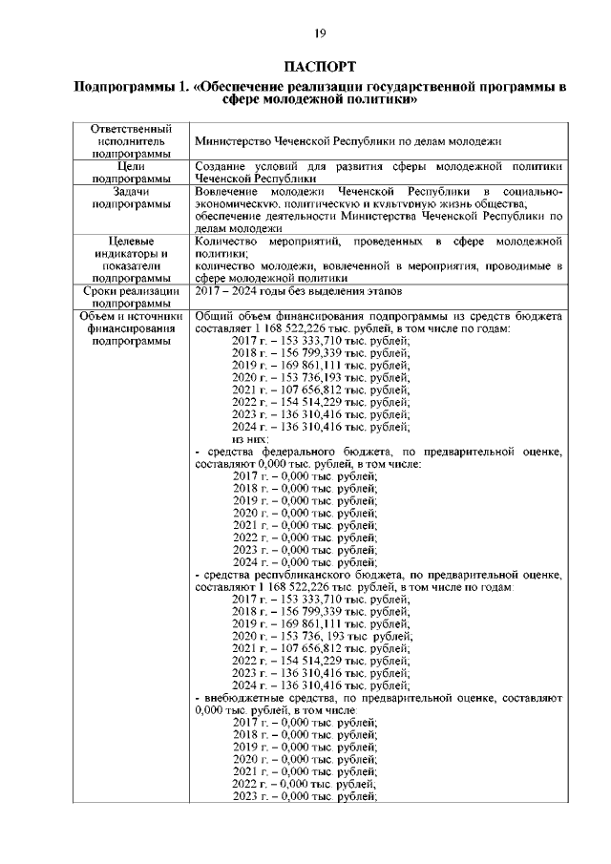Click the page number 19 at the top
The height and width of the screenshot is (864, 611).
pos(320,33)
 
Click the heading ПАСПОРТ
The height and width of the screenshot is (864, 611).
pos(320,66)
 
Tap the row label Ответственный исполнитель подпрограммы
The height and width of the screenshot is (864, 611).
pos(131,140)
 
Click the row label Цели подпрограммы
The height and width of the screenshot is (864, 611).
pos(131,171)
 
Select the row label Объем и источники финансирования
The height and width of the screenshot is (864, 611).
pos(131,328)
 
